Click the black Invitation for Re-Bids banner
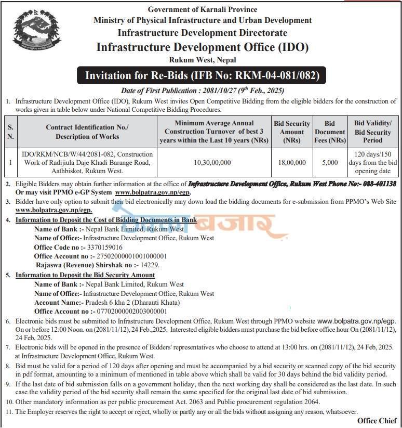click(x=202, y=76)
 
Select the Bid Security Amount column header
click(x=292, y=132)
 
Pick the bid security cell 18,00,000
click(x=292, y=163)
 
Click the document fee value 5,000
click(x=330, y=163)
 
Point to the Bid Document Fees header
click(x=330, y=132)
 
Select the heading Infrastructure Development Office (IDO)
click(x=202, y=47)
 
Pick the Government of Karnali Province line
click(x=202, y=9)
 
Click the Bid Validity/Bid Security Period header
click(x=373, y=132)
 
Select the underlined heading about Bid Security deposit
click(x=85, y=275)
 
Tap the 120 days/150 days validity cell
click(x=373, y=163)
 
